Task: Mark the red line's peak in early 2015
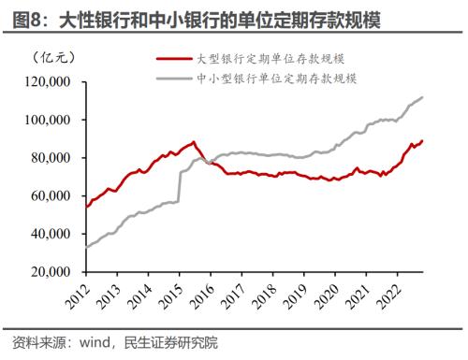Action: pyautogui.click(x=194, y=141)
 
